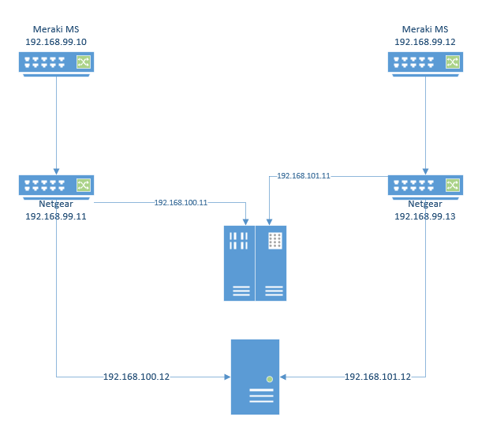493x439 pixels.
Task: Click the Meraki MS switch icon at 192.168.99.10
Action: [56, 62]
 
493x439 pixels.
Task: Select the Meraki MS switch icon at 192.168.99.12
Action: [425, 62]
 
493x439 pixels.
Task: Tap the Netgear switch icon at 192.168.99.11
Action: [56, 186]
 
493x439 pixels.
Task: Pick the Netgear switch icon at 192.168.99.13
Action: [425, 186]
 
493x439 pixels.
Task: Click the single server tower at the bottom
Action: [255, 377]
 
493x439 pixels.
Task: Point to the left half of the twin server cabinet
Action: [239, 263]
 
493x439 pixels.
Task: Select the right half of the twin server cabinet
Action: [271, 263]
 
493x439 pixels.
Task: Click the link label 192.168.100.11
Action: [181, 203]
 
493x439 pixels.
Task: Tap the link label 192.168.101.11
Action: [304, 176]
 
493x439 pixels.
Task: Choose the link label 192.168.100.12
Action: [136, 377]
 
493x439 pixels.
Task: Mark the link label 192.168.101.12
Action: [378, 377]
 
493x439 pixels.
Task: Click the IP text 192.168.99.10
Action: [56, 42]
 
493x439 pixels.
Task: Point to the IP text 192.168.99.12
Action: [425, 42]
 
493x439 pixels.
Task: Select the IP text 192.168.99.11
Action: [56, 215]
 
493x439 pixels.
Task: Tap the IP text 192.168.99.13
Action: [425, 215]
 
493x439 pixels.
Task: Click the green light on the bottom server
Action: [270, 379]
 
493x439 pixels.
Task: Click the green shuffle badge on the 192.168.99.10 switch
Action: [84, 62]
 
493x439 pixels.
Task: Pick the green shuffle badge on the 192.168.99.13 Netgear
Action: [453, 185]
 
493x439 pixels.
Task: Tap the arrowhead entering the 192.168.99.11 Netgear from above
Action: [56, 171]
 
